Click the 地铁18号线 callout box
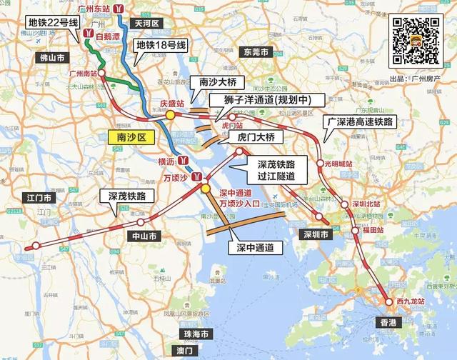pos(161,47)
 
